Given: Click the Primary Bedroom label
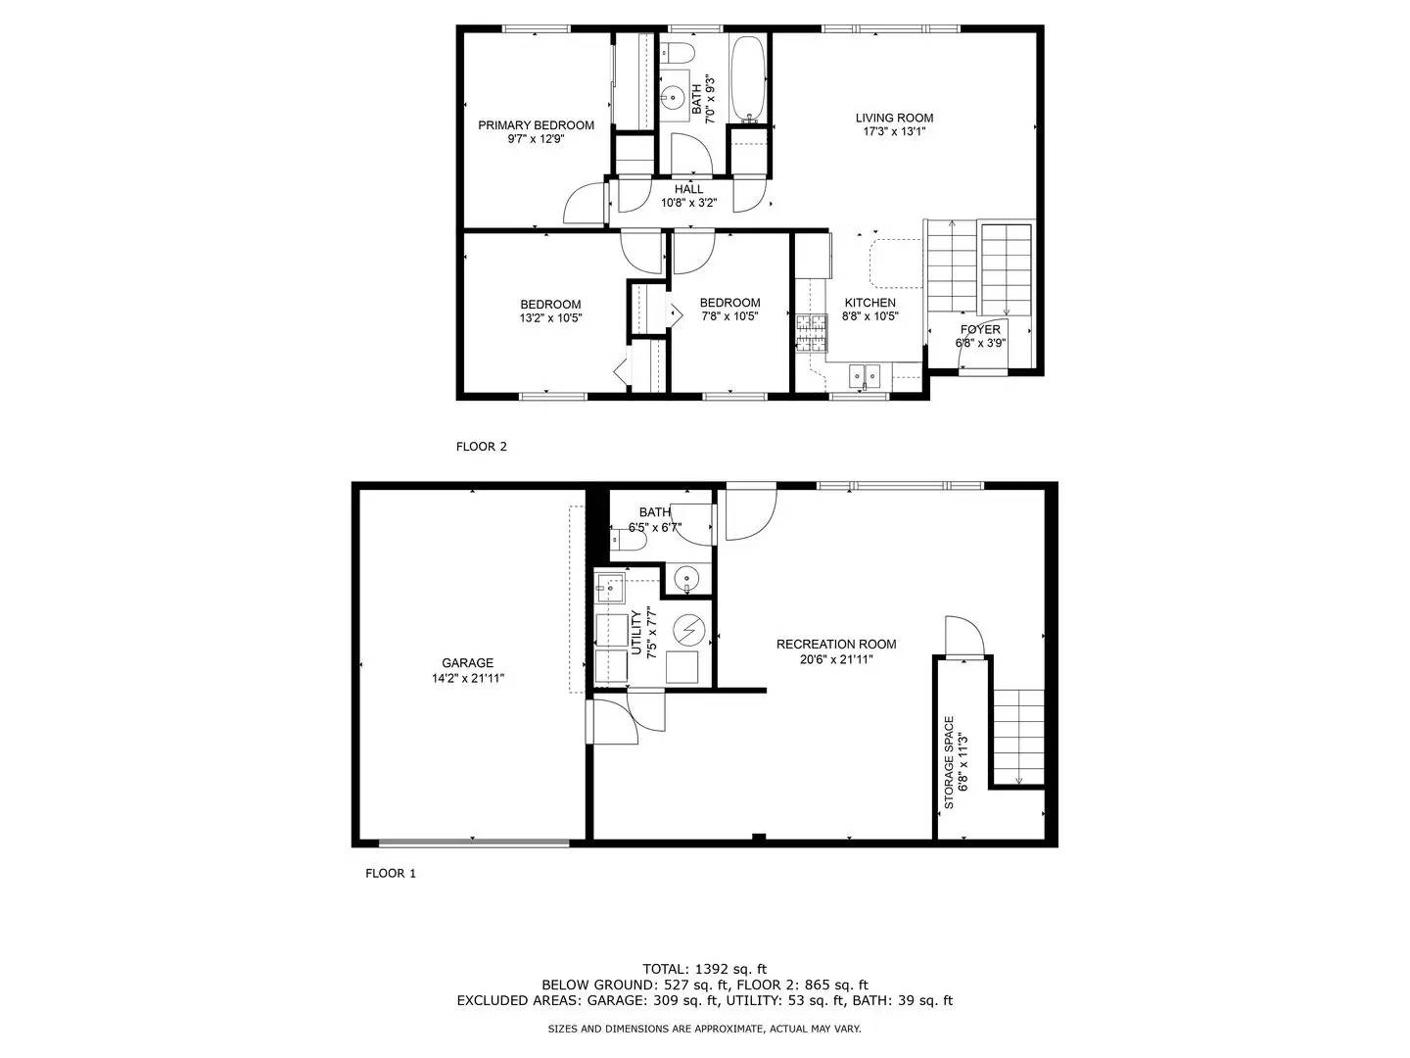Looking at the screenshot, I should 536,124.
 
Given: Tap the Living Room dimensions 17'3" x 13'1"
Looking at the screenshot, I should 894,131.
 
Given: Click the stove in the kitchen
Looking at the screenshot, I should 811,332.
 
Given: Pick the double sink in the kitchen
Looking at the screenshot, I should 866,373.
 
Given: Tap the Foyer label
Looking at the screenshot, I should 980,329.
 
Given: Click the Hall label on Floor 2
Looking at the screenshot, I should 688,189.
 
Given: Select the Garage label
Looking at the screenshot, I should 467,663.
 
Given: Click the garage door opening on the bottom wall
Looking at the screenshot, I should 474,842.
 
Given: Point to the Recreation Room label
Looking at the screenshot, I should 836,644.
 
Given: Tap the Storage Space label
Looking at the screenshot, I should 949,762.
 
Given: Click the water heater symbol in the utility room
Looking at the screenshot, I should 689,630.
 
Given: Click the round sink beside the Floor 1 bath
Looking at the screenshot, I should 688,579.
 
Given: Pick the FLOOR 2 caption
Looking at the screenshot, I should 482,447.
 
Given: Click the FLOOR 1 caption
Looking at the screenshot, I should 391,873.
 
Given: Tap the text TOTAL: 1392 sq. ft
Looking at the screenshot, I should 704,969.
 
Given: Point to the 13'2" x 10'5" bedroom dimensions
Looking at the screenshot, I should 550,317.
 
